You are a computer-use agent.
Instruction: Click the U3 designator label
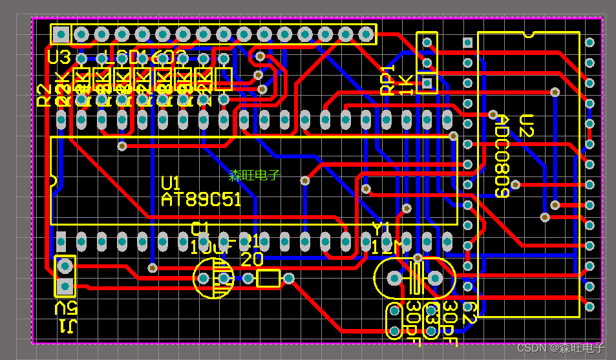59,58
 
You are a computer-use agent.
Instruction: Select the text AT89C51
200,200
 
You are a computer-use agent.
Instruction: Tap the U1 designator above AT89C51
171,183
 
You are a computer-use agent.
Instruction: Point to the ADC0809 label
502,156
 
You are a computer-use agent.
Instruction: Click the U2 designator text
526,127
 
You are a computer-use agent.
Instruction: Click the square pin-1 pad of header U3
61,34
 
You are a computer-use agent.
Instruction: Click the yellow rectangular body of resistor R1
268,279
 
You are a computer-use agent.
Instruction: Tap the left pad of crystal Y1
393,278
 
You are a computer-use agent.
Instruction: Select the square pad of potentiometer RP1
427,83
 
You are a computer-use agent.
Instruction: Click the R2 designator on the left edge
43,95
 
